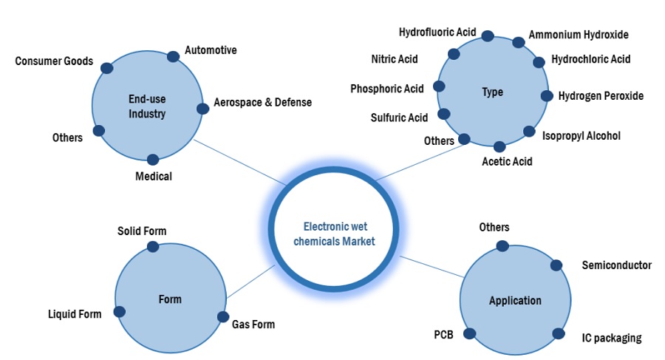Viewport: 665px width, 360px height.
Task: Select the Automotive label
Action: [x=211, y=50]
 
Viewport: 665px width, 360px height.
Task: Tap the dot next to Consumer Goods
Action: [x=107, y=68]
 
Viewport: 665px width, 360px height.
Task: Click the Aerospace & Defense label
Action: [x=262, y=102]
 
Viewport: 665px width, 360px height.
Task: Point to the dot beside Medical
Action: [x=153, y=160]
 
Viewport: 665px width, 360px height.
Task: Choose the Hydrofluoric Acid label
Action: [x=437, y=33]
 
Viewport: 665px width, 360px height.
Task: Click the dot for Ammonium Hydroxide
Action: [x=519, y=43]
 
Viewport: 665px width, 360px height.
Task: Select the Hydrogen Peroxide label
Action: [x=601, y=95]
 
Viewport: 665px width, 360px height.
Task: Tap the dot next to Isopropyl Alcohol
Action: [x=529, y=132]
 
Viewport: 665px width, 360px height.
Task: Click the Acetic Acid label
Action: [x=507, y=161]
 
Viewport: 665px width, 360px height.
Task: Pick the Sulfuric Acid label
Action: [x=399, y=118]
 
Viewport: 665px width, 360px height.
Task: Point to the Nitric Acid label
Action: [x=395, y=58]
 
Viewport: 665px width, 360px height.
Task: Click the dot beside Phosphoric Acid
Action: [x=439, y=86]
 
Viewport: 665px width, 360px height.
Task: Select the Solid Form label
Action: [x=142, y=231]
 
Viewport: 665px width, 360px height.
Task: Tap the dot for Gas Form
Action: [x=222, y=317]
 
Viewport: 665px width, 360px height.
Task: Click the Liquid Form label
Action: [x=75, y=314]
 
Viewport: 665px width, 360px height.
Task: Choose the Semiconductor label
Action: [x=616, y=265]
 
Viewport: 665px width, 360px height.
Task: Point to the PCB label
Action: [x=443, y=334]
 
